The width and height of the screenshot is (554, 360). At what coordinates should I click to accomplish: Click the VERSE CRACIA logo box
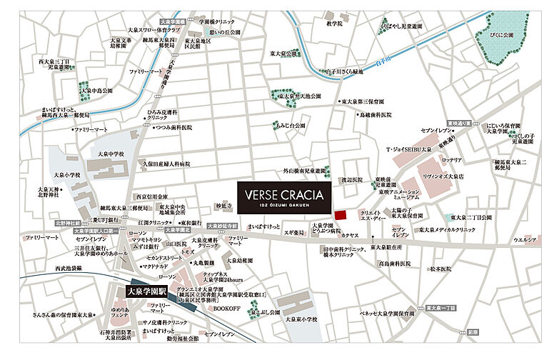(x=284, y=198)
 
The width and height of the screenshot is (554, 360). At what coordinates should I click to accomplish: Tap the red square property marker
(x=341, y=214)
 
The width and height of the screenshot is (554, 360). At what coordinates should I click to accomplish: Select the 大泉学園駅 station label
(x=146, y=291)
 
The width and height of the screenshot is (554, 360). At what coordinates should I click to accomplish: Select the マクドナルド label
(x=155, y=266)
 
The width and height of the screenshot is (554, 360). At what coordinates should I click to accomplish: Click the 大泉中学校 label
(x=111, y=154)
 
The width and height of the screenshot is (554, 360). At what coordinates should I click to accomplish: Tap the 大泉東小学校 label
(x=302, y=319)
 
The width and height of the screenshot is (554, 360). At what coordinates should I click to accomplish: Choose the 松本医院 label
(x=440, y=269)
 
